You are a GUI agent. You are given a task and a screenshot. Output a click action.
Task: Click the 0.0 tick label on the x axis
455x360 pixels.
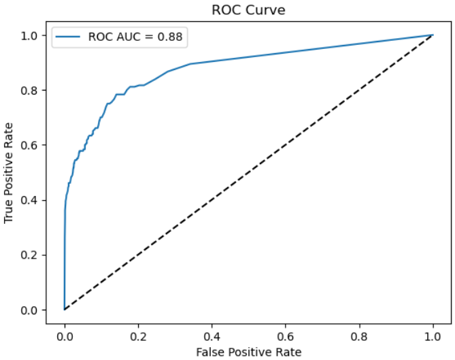coord(65,335)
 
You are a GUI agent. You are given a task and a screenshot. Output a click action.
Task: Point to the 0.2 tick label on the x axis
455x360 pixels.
coord(138,335)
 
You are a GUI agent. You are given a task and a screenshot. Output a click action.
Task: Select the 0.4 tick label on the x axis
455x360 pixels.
coord(212,335)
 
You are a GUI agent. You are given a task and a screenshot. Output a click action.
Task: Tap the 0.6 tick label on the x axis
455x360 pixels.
coord(286,335)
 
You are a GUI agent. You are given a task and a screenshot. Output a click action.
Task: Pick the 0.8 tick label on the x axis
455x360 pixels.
coord(359,335)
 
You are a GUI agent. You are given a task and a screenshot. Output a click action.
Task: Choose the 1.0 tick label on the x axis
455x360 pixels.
coord(433,335)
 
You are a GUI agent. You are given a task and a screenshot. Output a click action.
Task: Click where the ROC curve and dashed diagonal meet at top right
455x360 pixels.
coord(433,35)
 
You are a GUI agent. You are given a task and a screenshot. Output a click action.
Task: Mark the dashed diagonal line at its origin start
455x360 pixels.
coord(65,310)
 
